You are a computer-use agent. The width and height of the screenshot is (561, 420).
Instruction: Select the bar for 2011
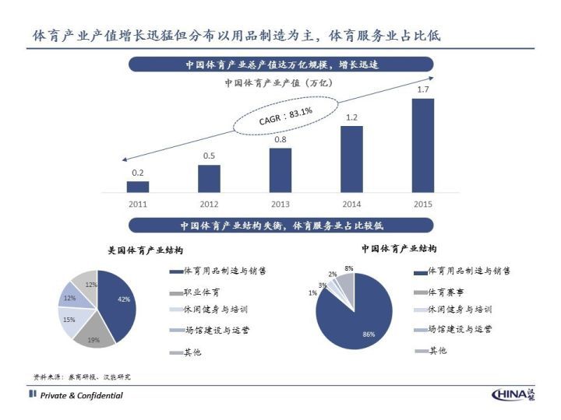138,187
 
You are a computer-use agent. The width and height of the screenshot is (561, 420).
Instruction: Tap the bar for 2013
280,170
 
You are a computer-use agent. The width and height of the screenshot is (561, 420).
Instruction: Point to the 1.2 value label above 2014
351,117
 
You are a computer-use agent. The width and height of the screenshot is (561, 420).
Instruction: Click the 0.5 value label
209,156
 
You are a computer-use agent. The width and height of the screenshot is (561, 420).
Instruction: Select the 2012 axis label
209,204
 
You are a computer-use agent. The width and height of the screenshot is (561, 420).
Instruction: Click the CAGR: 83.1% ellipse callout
286,117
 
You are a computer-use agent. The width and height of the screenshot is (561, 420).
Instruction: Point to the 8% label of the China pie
348,268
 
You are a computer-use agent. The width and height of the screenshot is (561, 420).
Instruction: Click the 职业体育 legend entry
201,292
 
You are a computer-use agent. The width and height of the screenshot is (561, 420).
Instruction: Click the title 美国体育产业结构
146,250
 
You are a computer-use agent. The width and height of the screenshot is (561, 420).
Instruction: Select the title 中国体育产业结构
399,249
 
